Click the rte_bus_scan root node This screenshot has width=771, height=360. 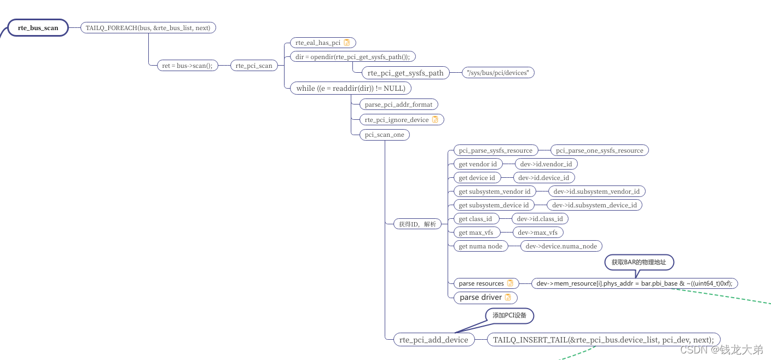(38, 28)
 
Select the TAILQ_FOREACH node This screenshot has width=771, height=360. (148, 27)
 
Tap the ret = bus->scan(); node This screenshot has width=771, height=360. (187, 66)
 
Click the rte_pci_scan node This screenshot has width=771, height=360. (254, 66)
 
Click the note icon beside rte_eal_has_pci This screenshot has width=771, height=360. (346, 43)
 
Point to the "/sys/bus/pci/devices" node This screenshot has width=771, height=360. (498, 73)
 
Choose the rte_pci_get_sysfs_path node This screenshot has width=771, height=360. (405, 73)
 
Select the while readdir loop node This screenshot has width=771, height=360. (350, 88)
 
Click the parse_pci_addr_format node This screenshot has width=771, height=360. (398, 104)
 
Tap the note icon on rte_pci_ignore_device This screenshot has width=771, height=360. (435, 119)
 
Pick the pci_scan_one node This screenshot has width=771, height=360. (384, 135)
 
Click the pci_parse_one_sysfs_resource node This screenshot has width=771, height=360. (599, 150)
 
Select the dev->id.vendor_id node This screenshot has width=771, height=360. (546, 164)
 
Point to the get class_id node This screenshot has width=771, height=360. (475, 219)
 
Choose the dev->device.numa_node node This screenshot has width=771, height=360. (561, 246)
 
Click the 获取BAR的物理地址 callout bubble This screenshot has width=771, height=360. (639, 262)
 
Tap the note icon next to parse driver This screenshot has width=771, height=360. (508, 297)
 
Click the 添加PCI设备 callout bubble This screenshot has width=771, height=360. (509, 315)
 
